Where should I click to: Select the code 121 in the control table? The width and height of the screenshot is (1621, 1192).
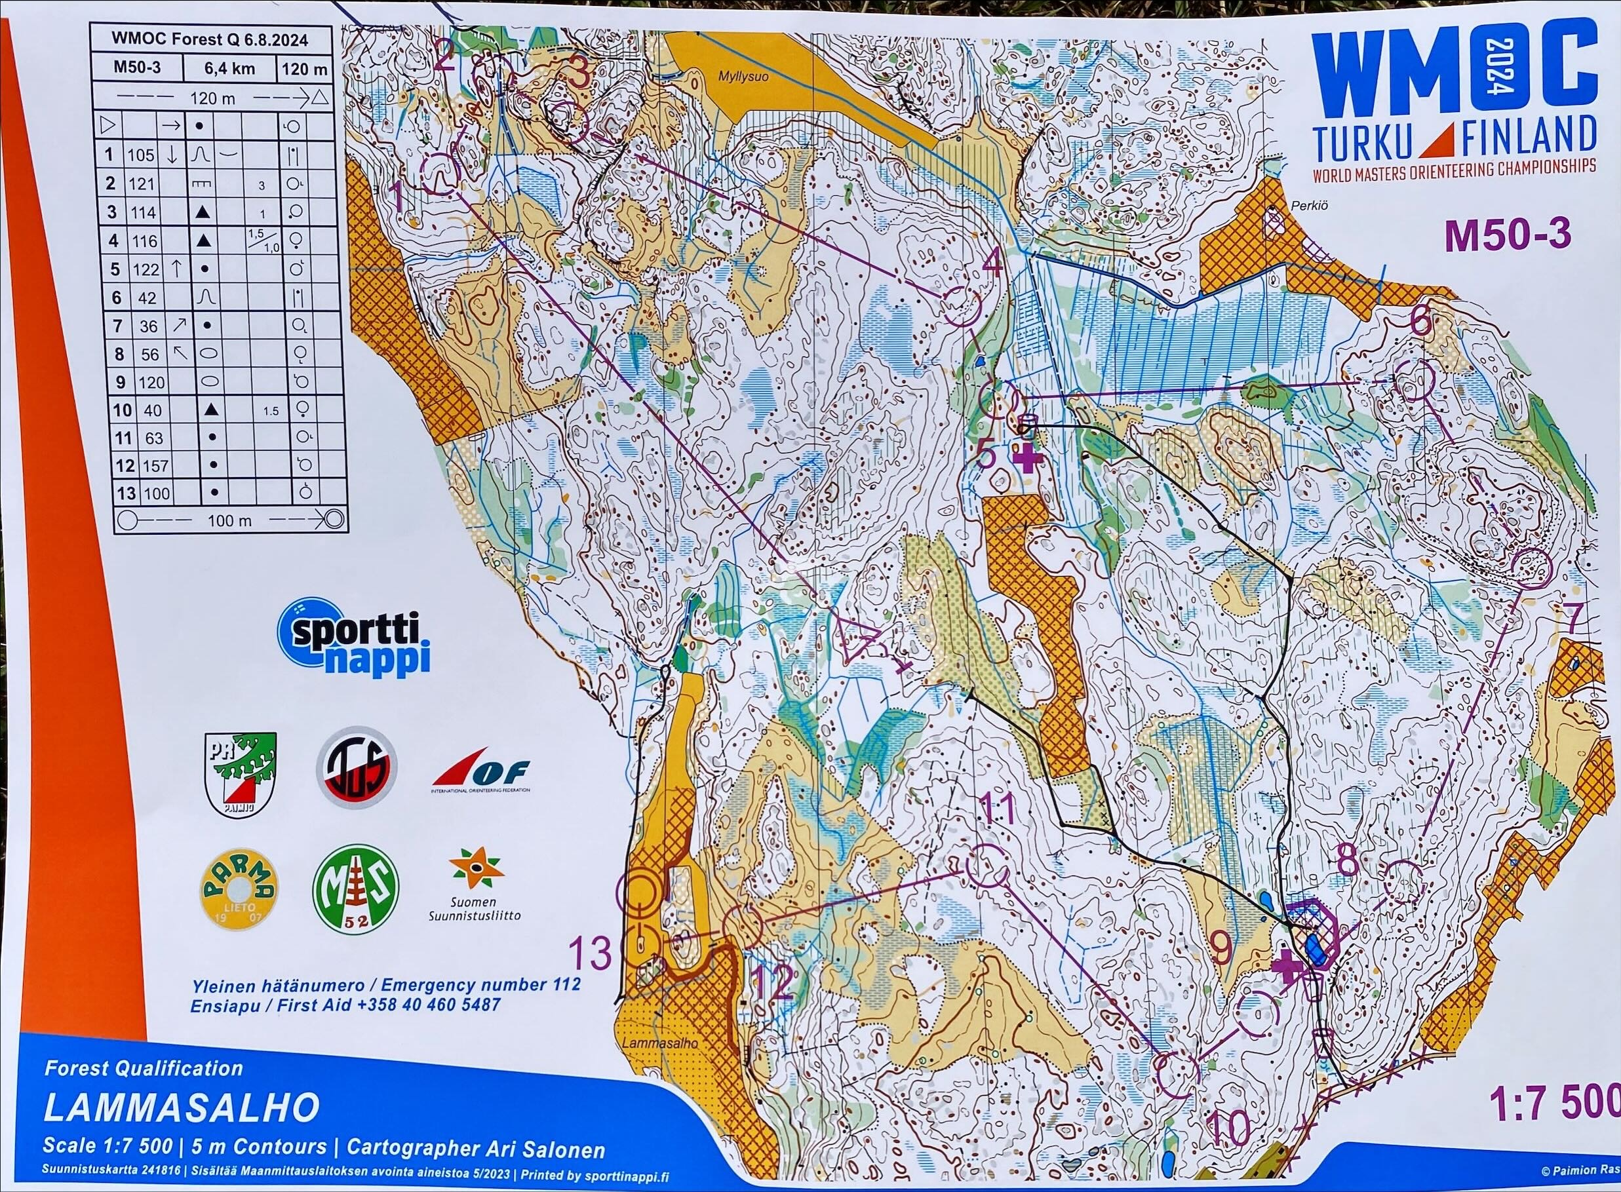tap(142, 183)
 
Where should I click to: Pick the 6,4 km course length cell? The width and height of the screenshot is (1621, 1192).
tap(229, 69)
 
